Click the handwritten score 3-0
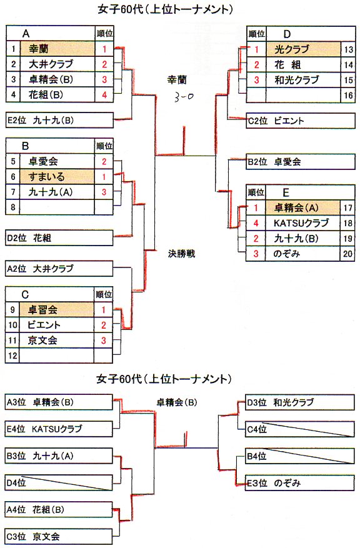click(x=184, y=97)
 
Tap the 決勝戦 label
click(x=181, y=254)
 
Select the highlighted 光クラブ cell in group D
click(x=303, y=49)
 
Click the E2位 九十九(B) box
click(x=59, y=120)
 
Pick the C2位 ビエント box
click(x=301, y=121)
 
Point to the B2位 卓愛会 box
click(x=301, y=162)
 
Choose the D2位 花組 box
click(x=59, y=238)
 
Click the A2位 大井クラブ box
click(x=59, y=269)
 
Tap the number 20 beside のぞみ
click(x=347, y=254)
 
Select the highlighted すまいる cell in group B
click(x=57, y=176)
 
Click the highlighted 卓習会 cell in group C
click(x=57, y=310)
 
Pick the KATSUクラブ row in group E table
click(x=301, y=223)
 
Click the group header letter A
click(x=26, y=34)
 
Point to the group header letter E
click(x=286, y=192)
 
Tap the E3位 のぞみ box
click(x=300, y=483)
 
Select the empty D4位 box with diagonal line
click(x=59, y=483)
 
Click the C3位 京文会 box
click(x=59, y=537)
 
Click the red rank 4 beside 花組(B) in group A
click(x=104, y=95)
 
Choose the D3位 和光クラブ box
click(x=300, y=402)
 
